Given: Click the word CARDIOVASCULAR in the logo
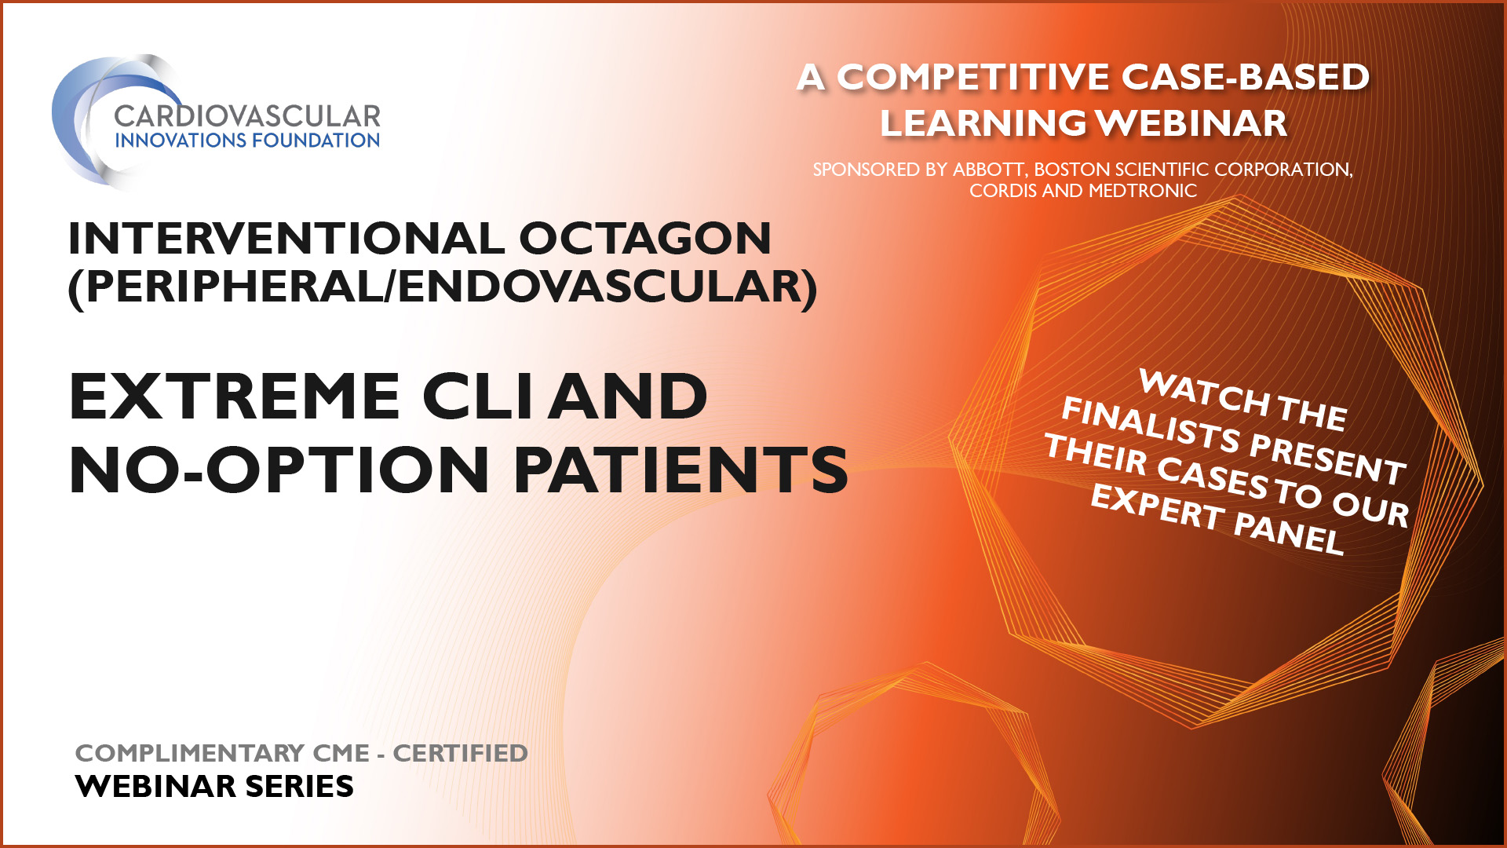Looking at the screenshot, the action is (x=247, y=116).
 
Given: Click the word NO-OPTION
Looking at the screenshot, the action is (x=280, y=470).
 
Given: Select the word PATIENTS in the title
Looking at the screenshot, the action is (x=681, y=470).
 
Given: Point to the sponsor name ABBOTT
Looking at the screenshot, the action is (x=989, y=170).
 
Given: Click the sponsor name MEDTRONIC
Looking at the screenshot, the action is (x=1143, y=191).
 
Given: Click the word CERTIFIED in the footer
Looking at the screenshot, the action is (x=460, y=753).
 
